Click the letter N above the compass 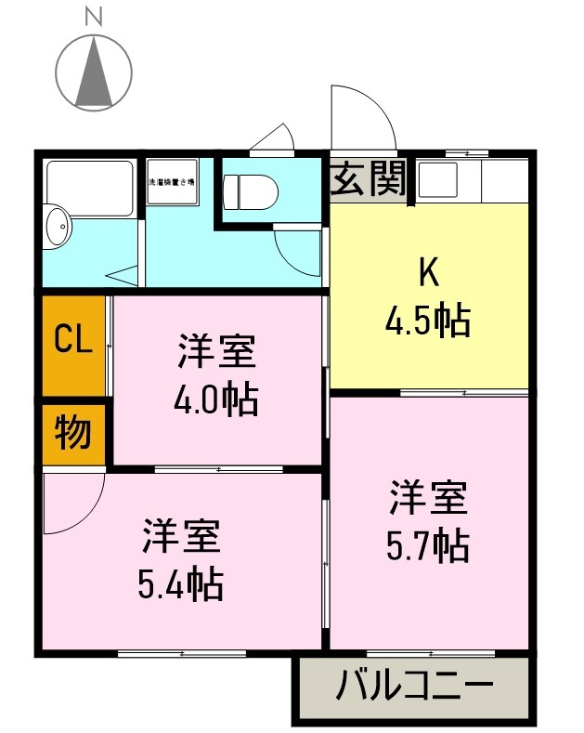(x=93, y=15)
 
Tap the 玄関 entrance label (x=369, y=178)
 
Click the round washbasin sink (x=58, y=228)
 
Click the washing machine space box (x=172, y=182)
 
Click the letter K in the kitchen (x=428, y=272)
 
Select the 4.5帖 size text (x=428, y=321)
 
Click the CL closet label (x=73, y=340)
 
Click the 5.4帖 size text (x=180, y=583)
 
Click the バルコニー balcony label (x=414, y=688)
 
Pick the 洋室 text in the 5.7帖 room (x=428, y=498)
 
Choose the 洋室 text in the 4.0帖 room (x=216, y=352)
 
